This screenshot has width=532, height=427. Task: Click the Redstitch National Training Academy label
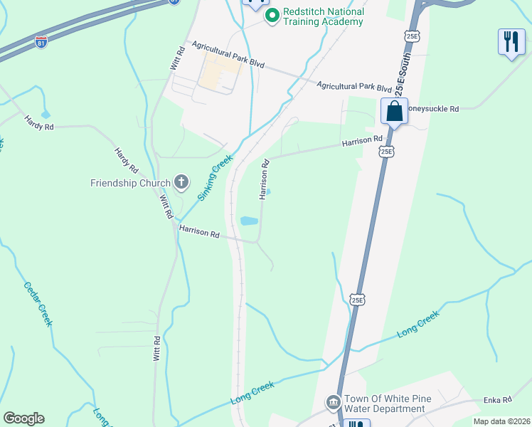[324, 16]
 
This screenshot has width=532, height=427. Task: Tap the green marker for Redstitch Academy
[271, 16]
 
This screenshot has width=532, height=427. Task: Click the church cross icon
[181, 183]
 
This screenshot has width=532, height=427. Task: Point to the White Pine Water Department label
[385, 404]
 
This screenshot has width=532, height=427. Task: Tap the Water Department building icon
[333, 403]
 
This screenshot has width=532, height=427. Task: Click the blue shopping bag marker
[394, 112]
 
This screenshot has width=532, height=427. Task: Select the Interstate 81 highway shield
[41, 41]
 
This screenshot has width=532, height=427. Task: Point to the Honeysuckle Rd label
[432, 109]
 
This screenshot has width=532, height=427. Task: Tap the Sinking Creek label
[216, 179]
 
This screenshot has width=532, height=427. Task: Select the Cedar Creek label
[38, 305]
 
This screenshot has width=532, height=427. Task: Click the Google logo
[23, 418]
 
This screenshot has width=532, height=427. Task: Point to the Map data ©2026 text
[501, 421]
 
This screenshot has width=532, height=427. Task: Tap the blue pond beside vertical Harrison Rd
[249, 221]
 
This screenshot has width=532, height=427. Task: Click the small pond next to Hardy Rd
[46, 114]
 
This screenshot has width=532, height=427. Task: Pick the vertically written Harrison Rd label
[264, 179]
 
